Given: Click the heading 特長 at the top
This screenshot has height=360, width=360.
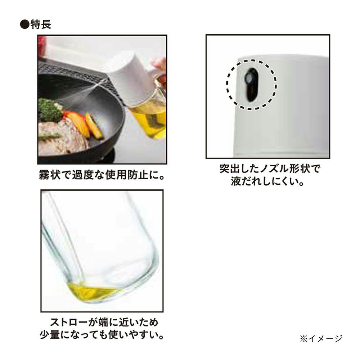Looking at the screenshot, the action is [41, 24].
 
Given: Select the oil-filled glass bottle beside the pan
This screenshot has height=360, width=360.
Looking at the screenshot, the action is [148, 115].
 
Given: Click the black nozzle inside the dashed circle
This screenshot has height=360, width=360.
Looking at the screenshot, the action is [251, 85].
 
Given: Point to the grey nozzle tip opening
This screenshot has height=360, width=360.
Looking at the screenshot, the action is [249, 80].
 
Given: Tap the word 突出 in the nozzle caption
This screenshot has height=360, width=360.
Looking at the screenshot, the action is [230, 169].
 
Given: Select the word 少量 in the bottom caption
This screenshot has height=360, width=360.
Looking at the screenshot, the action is [50, 335].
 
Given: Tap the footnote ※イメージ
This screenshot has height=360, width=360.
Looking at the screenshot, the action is [321, 338].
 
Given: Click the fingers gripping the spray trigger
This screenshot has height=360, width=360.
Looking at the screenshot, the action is [159, 69].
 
